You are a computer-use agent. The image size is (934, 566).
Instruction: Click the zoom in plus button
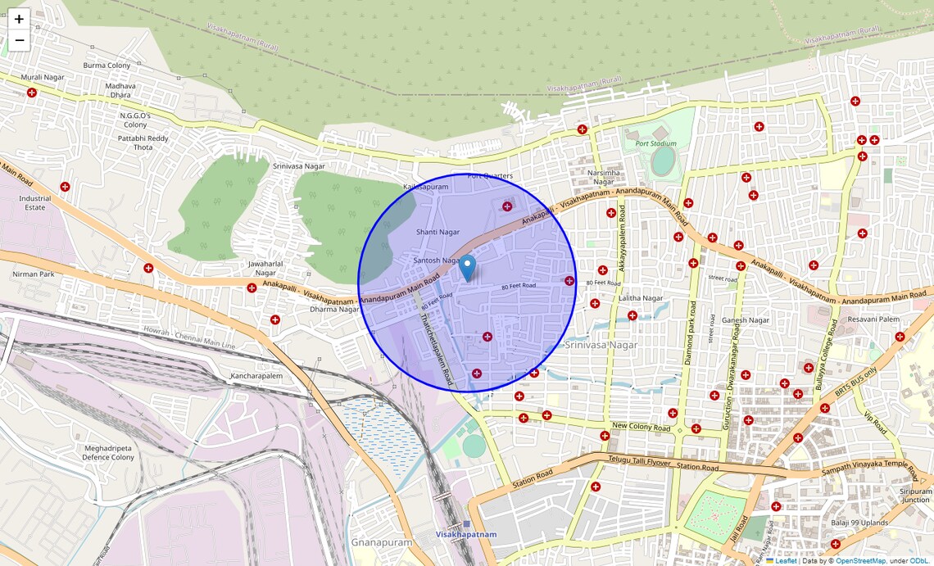coord(19,19)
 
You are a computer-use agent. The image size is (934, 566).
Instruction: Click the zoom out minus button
coord(19,40)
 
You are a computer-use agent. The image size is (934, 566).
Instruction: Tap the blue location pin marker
coord(467,267)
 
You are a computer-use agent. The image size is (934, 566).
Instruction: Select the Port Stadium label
coord(656,143)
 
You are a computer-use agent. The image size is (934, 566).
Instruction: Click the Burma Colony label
coord(107,66)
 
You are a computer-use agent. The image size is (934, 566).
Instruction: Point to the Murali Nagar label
coord(43,77)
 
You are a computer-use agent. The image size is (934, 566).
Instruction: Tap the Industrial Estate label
coord(35,203)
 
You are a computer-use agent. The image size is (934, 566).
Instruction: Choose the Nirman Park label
coord(34,274)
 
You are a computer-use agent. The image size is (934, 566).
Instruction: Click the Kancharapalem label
coord(256,376)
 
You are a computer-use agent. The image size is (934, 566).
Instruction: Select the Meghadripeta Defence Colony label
coord(108,452)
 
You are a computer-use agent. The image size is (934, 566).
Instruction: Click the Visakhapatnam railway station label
coord(466,534)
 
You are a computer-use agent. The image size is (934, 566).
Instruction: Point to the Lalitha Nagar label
coord(641,298)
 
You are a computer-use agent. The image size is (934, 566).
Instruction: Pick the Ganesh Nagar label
coord(746,320)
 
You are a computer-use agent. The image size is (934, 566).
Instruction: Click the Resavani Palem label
coord(873,319)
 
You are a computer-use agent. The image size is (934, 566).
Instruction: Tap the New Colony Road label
coord(641,428)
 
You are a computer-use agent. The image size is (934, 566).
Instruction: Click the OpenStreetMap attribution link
coord(860,561)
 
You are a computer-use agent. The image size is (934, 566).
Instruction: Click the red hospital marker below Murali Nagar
coord(32,93)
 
